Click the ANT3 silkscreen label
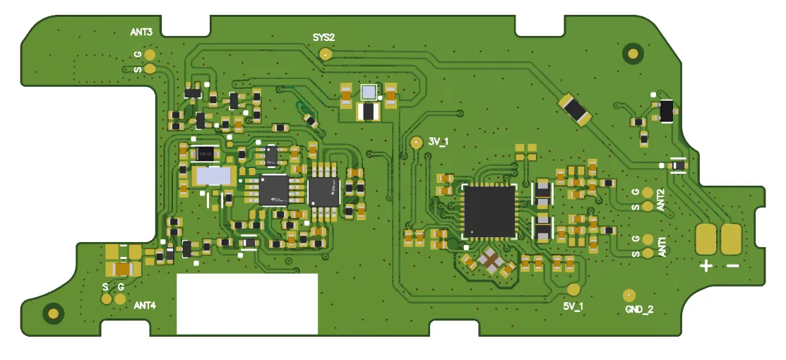[141, 32]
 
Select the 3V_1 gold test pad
[416, 143]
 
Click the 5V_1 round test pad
[573, 289]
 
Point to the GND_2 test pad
[629, 295]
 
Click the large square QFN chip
[489, 211]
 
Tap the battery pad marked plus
[706, 239]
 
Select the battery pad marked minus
[732, 239]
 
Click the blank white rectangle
[247, 304]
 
